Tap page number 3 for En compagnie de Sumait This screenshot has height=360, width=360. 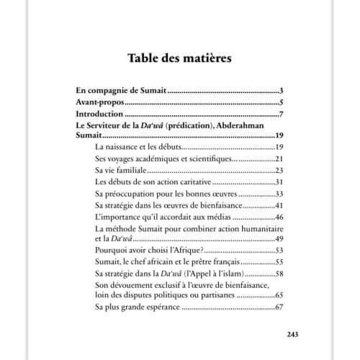282,92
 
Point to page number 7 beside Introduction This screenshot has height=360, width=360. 282,114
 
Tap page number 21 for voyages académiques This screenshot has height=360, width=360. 279,158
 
